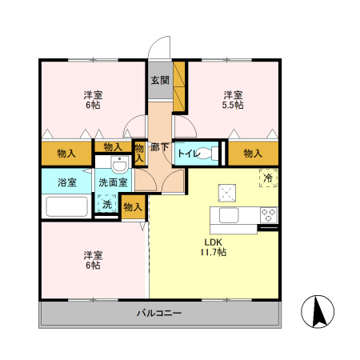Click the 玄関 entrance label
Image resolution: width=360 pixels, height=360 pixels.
[159, 80]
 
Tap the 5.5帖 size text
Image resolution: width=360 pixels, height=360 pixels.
[234, 105]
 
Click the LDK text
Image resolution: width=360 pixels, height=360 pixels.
[212, 242]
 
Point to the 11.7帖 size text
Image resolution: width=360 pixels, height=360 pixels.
[213, 252]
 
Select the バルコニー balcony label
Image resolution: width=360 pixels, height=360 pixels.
[158, 313]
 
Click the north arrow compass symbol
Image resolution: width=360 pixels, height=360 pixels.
[317, 311]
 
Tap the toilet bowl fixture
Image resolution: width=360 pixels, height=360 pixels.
[210, 154]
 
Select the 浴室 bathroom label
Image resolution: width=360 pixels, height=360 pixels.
[66, 182]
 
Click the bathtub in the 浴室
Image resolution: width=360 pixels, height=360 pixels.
[66, 206]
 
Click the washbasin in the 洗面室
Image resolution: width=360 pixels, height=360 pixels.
[118, 166]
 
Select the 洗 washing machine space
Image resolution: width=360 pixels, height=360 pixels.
[106, 204]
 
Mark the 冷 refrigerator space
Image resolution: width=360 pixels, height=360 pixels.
[268, 178]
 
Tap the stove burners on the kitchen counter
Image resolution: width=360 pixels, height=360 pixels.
[268, 214]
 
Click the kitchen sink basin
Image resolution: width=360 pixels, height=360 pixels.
[226, 215]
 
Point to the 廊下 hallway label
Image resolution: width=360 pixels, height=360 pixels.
[160, 146]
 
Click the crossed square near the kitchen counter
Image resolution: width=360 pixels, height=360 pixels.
[226, 190]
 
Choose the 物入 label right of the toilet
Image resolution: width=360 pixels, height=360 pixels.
[253, 153]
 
